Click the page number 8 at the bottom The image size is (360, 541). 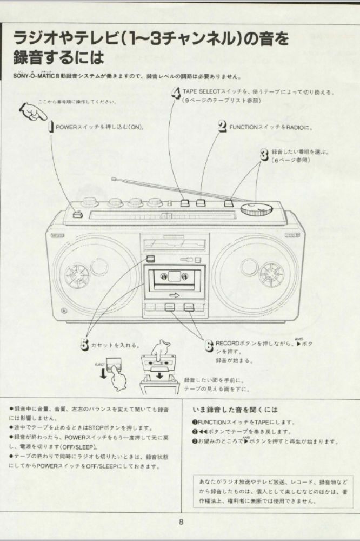point(181,522)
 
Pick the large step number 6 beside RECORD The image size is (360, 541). point(209,346)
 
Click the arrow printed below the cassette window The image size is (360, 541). point(174,295)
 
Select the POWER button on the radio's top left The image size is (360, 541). point(78,215)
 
